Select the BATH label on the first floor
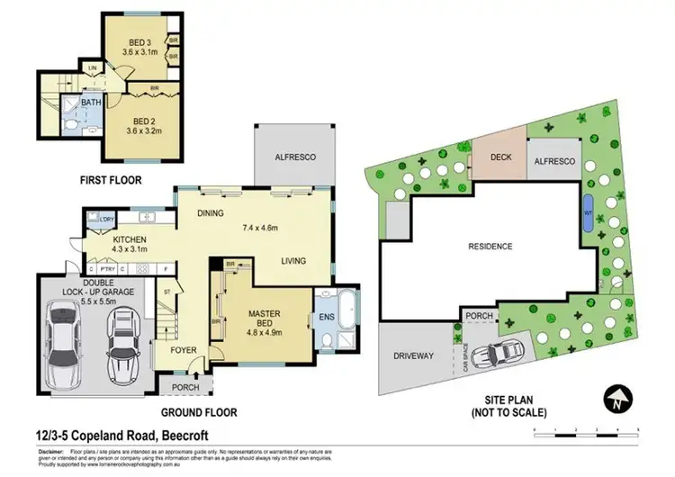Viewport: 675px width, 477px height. coord(91,103)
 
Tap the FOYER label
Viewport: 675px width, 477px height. coord(184,351)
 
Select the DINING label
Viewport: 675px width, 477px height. coord(211,214)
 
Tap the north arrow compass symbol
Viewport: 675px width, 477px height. coord(617,397)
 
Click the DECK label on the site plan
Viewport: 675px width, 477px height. coord(500,157)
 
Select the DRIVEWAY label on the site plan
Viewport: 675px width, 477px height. coord(414,355)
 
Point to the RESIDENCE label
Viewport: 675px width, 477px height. coord(489,246)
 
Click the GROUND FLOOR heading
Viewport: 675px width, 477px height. coord(200,412)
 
